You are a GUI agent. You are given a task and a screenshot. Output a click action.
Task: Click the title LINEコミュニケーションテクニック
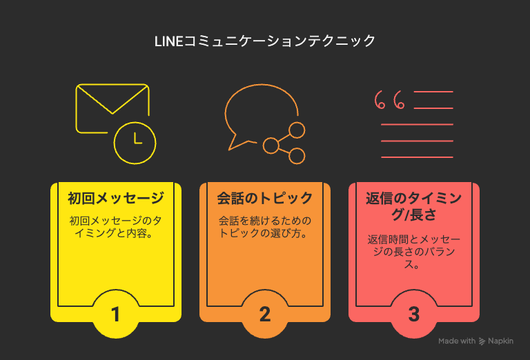click(265, 41)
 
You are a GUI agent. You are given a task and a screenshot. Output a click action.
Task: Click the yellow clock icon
click(135, 143)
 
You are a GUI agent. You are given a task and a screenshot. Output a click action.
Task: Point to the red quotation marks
click(390, 100)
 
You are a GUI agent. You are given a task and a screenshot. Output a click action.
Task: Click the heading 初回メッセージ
click(116, 198)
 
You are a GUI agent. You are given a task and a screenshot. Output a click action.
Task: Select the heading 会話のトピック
click(265, 198)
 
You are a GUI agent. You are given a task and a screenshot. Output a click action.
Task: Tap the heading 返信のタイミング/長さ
click(414, 206)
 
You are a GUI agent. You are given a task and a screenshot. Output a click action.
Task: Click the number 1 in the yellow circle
click(116, 314)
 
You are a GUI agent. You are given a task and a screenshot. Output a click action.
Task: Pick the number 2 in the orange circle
click(265, 314)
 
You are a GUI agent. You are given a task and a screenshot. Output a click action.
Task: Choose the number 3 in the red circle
click(414, 314)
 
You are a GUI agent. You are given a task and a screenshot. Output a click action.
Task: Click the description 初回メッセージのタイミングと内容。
click(116, 227)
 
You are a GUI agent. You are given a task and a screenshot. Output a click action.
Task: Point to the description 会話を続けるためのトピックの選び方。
click(265, 227)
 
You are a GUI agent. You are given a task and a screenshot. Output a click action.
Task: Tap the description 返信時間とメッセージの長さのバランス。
click(414, 252)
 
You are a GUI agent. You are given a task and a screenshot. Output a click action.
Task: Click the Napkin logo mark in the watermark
click(482, 341)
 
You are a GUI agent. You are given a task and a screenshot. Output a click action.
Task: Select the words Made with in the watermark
click(457, 341)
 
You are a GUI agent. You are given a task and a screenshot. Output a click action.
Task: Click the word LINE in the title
click(168, 41)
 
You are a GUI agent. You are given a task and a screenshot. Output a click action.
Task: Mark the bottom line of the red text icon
click(417, 157)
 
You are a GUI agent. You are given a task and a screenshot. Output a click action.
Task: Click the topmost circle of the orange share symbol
click(297, 130)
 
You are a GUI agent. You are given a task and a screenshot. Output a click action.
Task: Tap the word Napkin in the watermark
click(500, 341)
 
